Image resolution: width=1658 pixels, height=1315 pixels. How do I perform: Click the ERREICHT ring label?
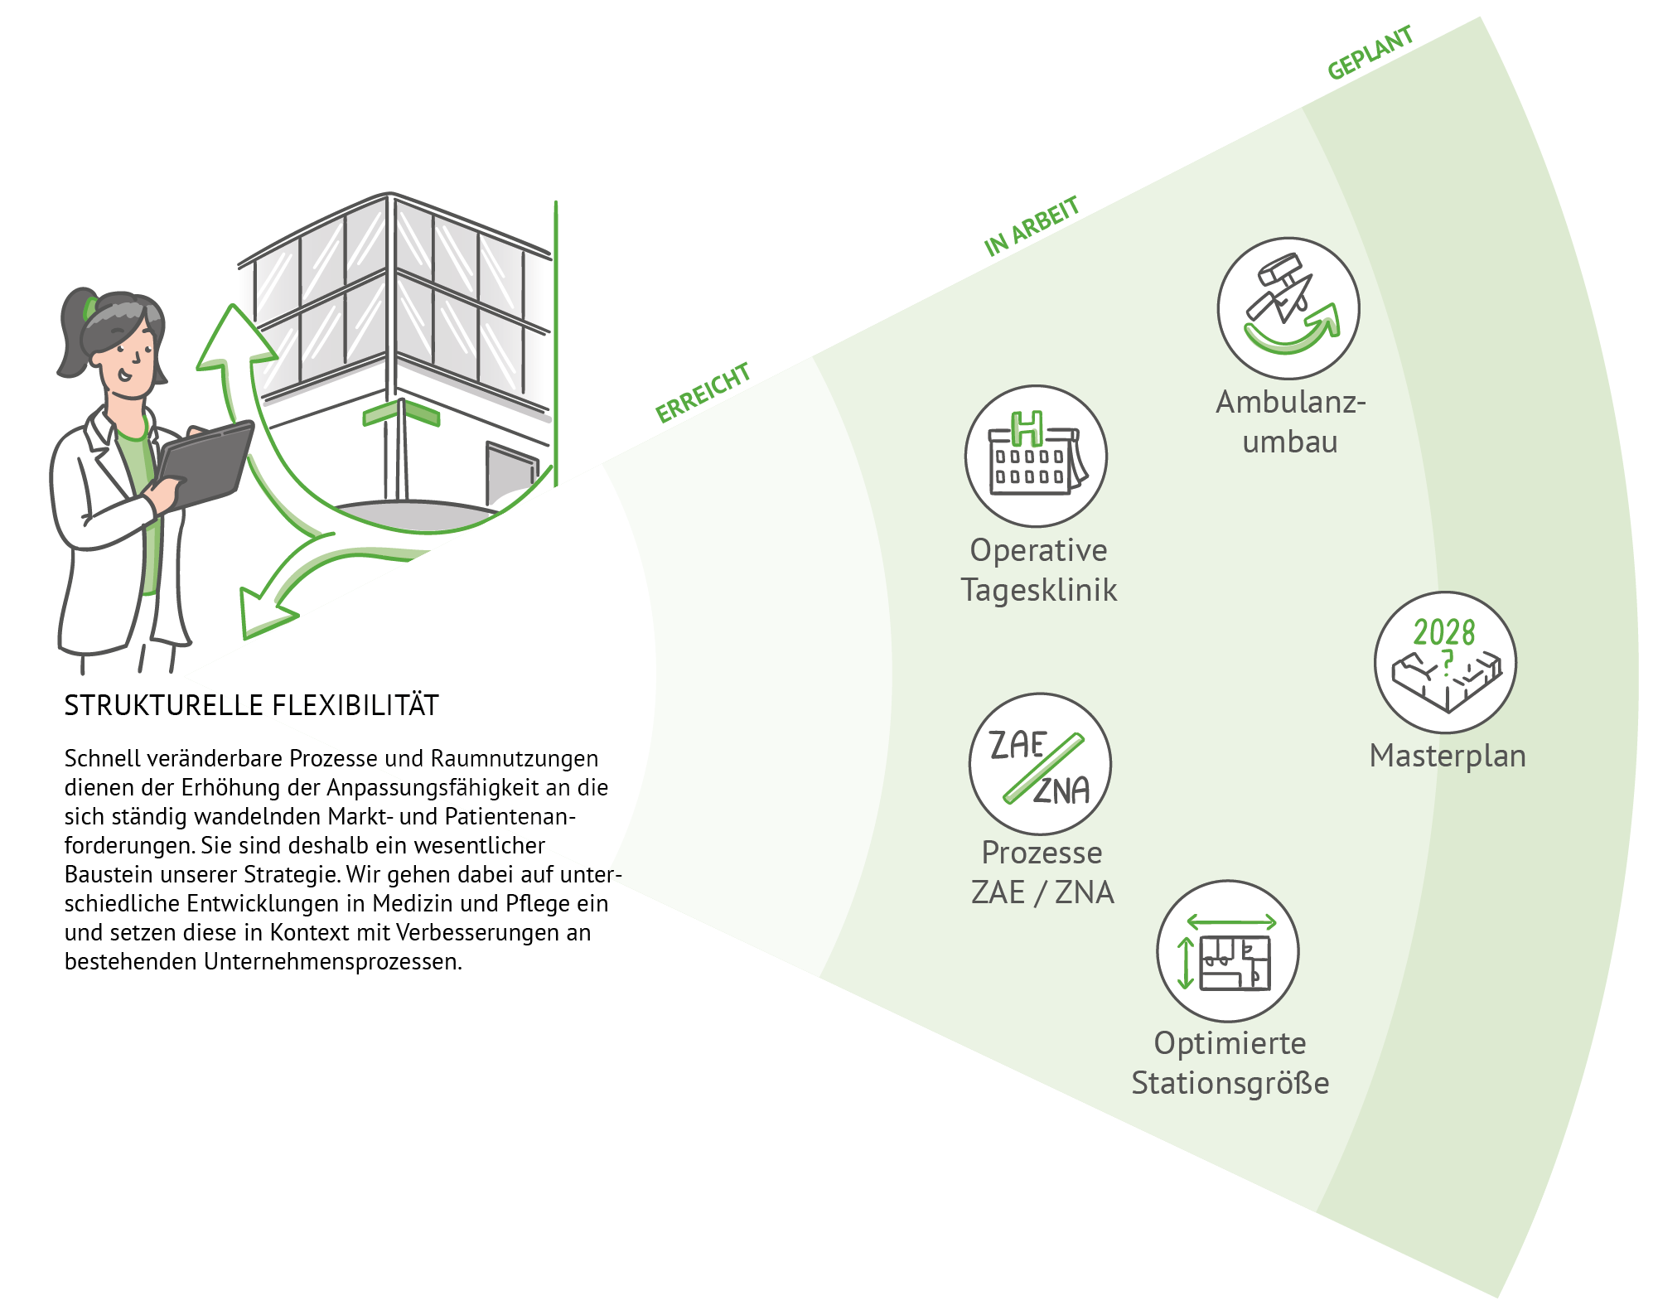point(703,393)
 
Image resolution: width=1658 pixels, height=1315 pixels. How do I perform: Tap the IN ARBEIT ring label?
point(1031,225)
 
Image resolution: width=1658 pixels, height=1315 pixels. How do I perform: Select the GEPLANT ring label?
point(1370,53)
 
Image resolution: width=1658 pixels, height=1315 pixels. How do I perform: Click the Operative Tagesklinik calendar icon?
point(1036,456)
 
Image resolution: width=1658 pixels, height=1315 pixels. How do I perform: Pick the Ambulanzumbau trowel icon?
point(1288,308)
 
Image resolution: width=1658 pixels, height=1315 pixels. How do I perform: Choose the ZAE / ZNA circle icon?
point(1040,764)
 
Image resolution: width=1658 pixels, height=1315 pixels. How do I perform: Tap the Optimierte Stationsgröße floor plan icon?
point(1228,950)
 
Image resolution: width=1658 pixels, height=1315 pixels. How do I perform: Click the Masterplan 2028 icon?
point(1446,662)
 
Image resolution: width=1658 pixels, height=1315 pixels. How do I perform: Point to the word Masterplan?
point(1448,756)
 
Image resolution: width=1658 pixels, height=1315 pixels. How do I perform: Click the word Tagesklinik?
point(1039,590)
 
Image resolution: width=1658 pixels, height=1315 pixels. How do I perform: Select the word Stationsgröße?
point(1230,1083)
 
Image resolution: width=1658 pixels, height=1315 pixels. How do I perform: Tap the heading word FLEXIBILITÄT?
point(355,705)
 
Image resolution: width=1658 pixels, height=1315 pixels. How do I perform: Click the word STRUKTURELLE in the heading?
point(164,705)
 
